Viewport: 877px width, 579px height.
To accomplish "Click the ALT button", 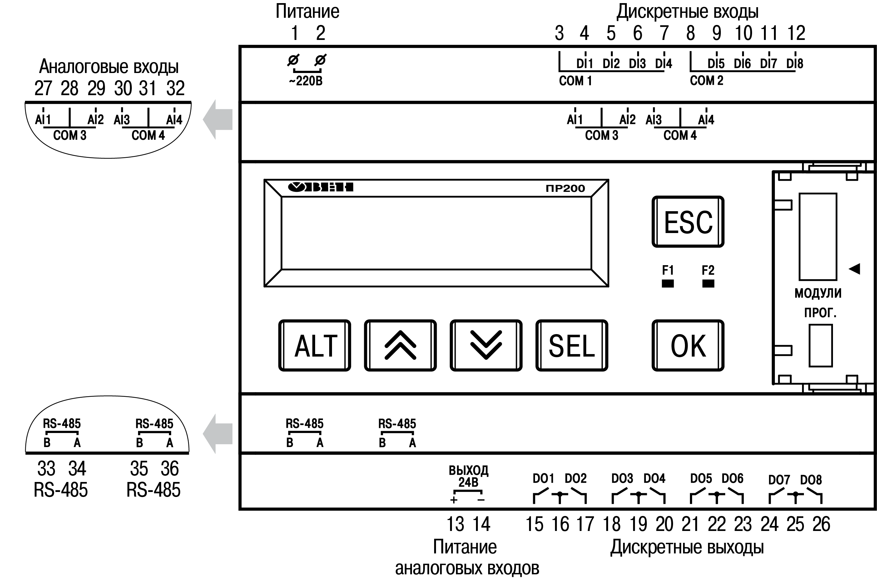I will click(315, 346).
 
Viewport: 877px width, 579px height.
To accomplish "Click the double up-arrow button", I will click(400, 346).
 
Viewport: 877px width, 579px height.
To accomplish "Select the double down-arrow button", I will click(486, 346).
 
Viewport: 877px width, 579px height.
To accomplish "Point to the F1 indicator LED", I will click(667, 284).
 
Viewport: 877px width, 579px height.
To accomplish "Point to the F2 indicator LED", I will click(708, 284).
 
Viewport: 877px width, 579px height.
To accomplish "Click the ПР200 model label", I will click(565, 188).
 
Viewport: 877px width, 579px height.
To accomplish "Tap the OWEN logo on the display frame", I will click(320, 187).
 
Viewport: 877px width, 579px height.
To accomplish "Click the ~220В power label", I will click(306, 80).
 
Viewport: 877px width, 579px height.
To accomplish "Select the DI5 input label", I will click(716, 64).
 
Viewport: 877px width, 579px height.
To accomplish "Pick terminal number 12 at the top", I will click(796, 33).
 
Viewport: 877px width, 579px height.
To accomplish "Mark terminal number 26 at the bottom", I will click(821, 524).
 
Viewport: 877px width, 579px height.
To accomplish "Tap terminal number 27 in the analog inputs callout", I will click(43, 88).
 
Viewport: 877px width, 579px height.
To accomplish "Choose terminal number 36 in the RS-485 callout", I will click(170, 469).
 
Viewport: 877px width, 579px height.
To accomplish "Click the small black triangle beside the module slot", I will click(854, 269).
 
